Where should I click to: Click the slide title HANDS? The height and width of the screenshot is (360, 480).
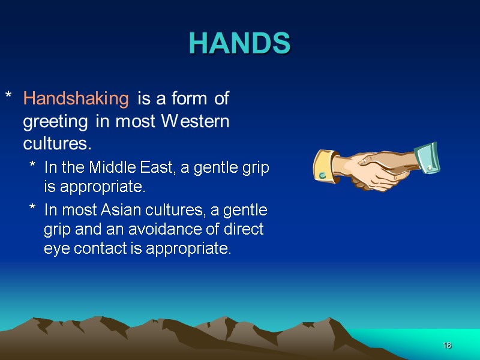[x=239, y=43]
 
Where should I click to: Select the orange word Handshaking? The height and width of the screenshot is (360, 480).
[x=76, y=98]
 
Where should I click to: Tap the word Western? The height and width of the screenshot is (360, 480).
[x=196, y=122]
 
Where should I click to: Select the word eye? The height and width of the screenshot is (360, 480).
[x=54, y=249]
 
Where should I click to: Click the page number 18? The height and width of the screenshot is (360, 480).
[x=447, y=346]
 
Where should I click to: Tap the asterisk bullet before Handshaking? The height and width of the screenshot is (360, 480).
[x=8, y=97]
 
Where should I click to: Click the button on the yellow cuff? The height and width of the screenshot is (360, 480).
[x=323, y=175]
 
